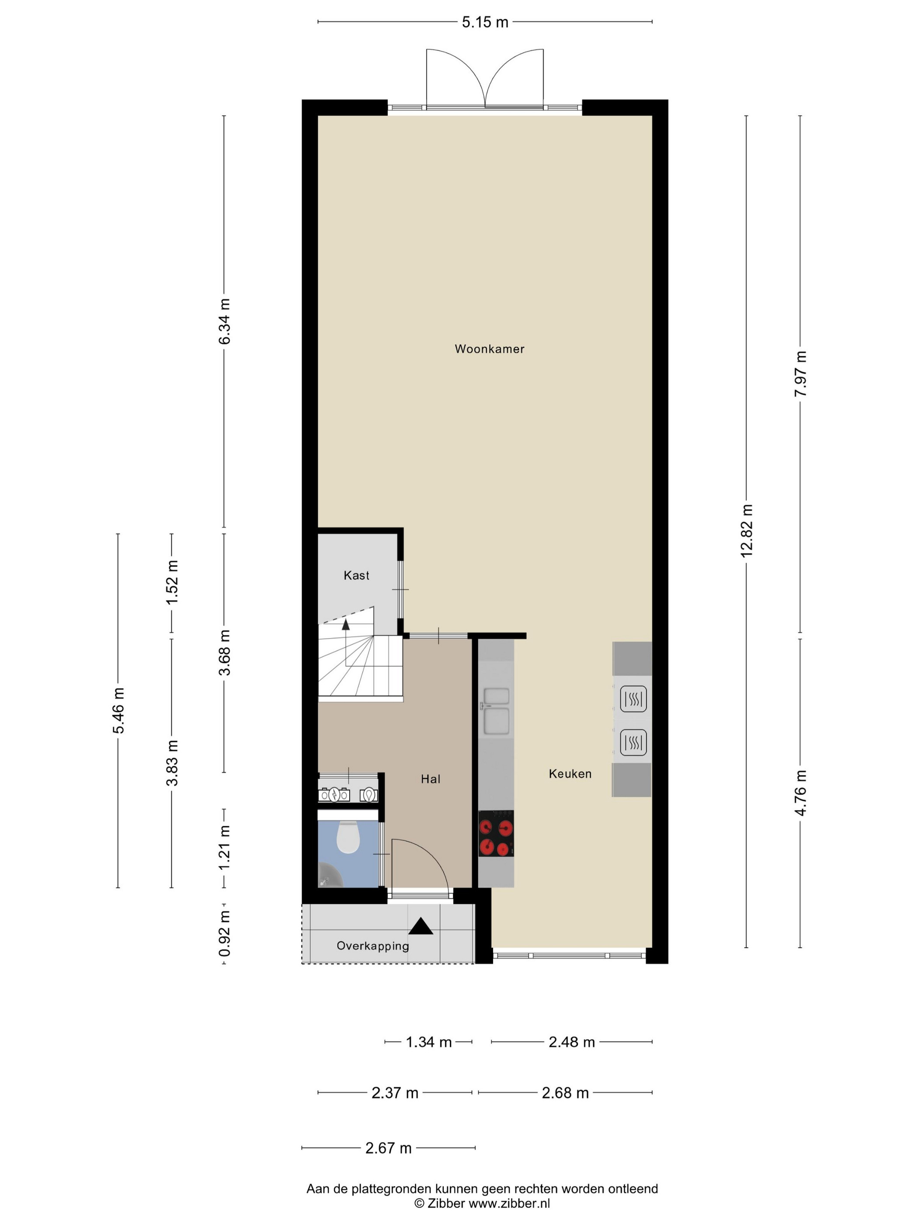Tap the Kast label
pos(356,575)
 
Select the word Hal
pos(431,779)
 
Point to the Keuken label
pos(570,774)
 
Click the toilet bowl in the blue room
pos(348,837)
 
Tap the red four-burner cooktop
pos(496,833)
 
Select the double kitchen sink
pos(496,711)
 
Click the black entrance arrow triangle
pos(421,926)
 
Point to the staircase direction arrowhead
pos(346,624)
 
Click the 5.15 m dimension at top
pos(485,22)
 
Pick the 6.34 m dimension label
pos(224,321)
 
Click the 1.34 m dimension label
pos(429,1042)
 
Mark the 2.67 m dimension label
pos(389,1148)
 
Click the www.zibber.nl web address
pos(509,1203)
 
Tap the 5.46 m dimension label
pos(118,710)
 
